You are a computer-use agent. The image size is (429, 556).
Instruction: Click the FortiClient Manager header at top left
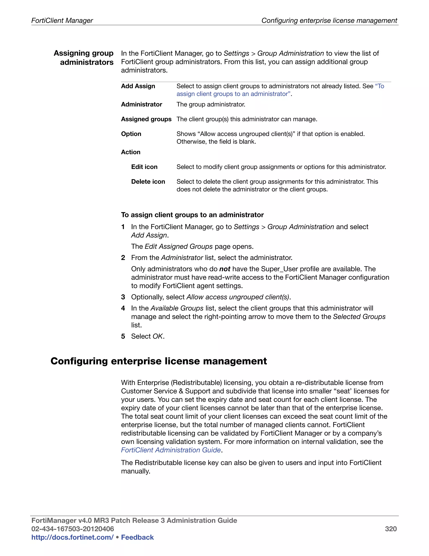click(62, 20)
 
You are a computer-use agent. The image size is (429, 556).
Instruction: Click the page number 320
click(391, 529)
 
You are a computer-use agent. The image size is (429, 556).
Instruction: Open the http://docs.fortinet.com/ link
click(72, 537)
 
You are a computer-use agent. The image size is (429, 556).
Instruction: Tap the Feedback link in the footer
click(137, 537)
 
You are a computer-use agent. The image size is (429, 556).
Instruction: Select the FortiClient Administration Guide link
click(171, 450)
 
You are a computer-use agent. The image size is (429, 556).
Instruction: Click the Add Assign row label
click(138, 86)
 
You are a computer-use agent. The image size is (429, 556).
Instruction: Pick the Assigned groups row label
click(146, 119)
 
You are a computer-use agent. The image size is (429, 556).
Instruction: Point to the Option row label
click(131, 134)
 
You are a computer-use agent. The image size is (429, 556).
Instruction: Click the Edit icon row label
click(144, 167)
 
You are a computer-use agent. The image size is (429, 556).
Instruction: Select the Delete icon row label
click(148, 181)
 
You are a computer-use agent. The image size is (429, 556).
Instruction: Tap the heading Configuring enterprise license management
click(159, 361)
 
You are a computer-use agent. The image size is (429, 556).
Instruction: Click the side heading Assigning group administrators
click(84, 57)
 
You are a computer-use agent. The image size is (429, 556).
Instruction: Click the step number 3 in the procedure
click(123, 297)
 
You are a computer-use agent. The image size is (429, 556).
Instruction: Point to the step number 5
click(123, 336)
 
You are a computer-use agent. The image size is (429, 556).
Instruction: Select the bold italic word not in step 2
click(225, 269)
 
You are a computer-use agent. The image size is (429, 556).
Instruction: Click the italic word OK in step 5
click(158, 336)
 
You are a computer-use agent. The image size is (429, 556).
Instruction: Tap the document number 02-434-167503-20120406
click(72, 529)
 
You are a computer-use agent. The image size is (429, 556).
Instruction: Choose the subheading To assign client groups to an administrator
click(192, 215)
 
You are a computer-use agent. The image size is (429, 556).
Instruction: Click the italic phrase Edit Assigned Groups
click(178, 247)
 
